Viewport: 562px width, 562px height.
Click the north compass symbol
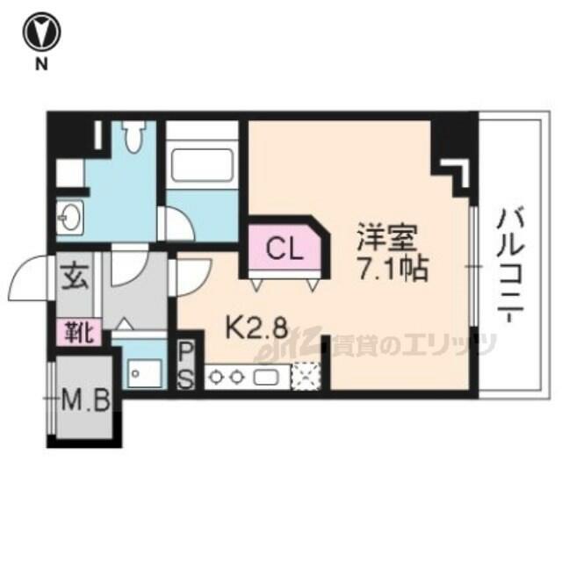pos(41,32)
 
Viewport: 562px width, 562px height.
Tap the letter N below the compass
pos(41,64)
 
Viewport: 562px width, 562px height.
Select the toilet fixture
pos(134,137)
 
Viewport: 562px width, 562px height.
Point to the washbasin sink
pos(70,218)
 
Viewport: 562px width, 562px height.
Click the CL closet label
pos(285,249)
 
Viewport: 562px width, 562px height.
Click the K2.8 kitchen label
pos(256,328)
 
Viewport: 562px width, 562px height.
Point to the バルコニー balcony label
pos(510,265)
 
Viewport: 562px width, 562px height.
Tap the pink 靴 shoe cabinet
pos(78,333)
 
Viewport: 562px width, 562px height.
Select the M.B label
pos(85,401)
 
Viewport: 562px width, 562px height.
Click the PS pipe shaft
pos(186,365)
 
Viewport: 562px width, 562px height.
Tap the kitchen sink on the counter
pos(265,377)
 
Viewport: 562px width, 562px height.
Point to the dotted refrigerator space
pos(306,376)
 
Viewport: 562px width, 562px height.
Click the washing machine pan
pos(145,373)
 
